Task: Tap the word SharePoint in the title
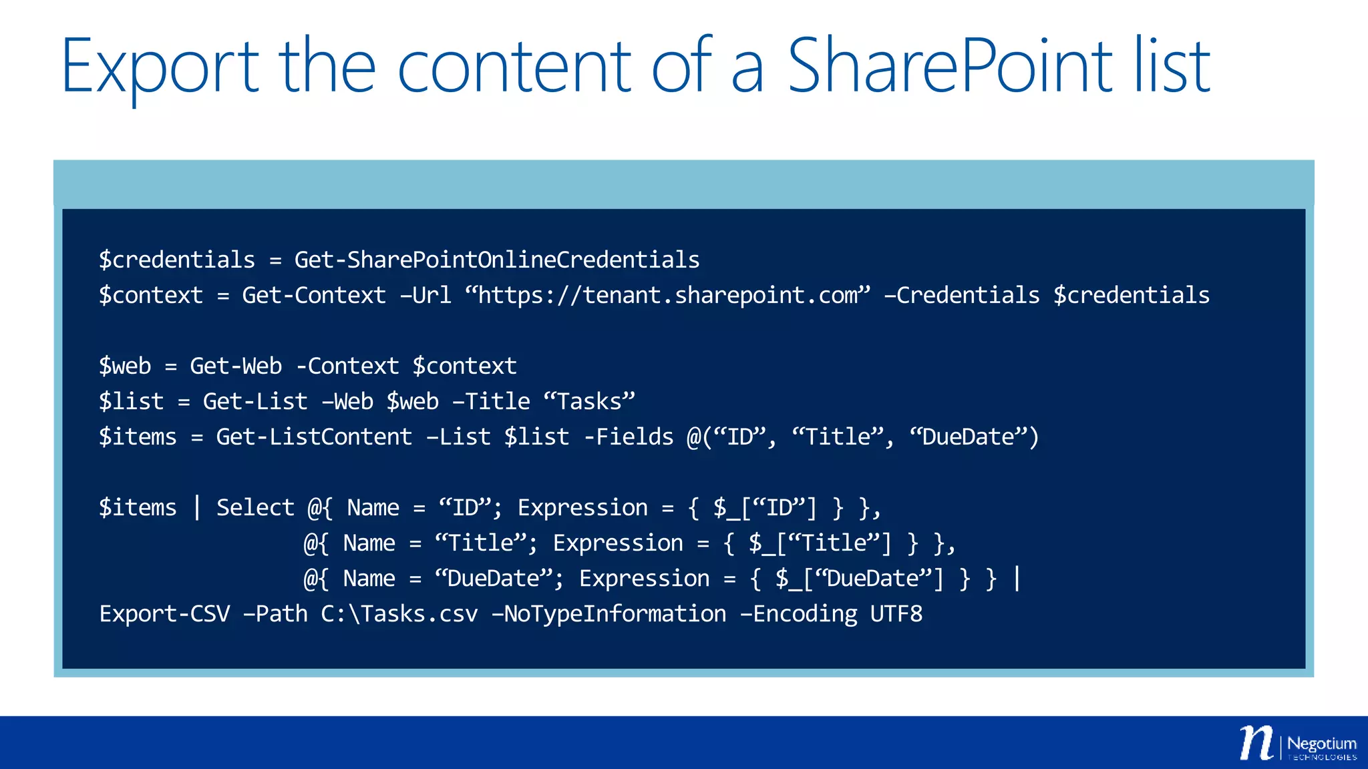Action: coord(949,65)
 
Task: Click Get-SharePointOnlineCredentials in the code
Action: coord(497,260)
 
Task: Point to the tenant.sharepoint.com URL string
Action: coord(668,295)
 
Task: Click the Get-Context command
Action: coord(314,295)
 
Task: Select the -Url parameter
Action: coord(425,295)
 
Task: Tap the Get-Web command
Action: coord(236,366)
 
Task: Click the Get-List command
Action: coord(255,401)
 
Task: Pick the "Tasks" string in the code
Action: coord(589,401)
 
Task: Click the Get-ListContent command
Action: coord(314,437)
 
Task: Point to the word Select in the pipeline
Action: coord(255,507)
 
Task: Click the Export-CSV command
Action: coord(164,613)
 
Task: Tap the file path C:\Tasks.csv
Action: coord(399,613)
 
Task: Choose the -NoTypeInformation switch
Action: coord(609,613)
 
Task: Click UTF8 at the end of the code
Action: coord(896,613)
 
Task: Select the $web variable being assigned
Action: coord(125,366)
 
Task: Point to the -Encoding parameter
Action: coord(798,613)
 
